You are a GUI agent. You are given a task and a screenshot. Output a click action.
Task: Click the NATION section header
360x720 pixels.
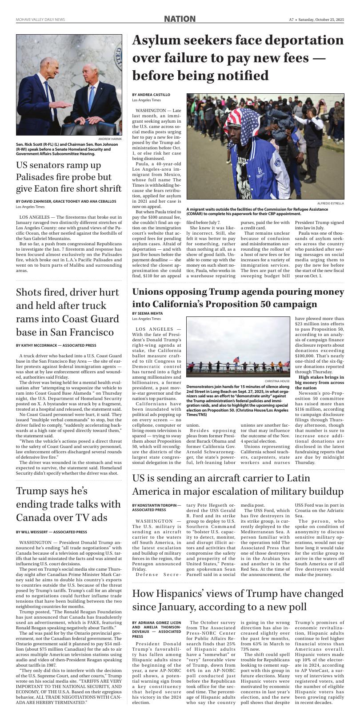pyautogui.click(x=180, y=19)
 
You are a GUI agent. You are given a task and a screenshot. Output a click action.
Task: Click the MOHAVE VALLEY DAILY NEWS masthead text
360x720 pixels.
pyautogui.click(x=40, y=20)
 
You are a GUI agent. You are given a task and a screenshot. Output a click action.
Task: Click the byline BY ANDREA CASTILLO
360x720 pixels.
pyautogui.click(x=151, y=95)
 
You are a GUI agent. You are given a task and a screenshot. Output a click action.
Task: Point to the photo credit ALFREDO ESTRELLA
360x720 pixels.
pyautogui.click(x=330, y=203)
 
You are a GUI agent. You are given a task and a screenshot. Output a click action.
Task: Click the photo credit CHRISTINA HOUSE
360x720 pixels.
pyautogui.click(x=277, y=381)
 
